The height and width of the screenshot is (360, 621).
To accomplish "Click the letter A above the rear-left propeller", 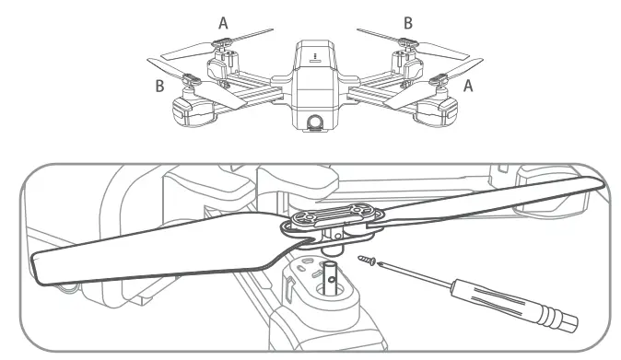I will point(223,23).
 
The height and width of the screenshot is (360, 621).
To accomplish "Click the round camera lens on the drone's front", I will point(313,122).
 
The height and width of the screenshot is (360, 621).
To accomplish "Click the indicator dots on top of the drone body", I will point(313,55).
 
